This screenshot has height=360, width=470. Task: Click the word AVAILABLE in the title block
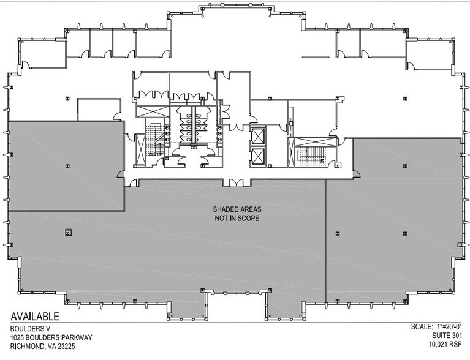(35, 317)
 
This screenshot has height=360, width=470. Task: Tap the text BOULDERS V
(27, 328)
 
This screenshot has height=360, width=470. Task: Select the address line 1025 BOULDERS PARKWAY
(51, 337)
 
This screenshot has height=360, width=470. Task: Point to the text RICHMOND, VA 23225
(43, 347)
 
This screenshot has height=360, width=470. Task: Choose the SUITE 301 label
(447, 335)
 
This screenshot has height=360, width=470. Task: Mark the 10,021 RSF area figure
(445, 345)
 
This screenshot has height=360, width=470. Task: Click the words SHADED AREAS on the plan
(237, 209)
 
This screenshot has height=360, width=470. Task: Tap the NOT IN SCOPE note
(237, 219)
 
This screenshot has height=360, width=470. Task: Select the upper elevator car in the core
(258, 136)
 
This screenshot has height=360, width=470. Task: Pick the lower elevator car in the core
(258, 156)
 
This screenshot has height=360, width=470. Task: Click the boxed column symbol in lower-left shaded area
(69, 232)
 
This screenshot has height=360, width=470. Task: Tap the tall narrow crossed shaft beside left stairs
(140, 150)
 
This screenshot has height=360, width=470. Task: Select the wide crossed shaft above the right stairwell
(315, 142)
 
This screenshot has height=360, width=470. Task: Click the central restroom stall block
(194, 124)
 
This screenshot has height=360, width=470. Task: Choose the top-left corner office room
(42, 54)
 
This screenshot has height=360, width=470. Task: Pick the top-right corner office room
(429, 54)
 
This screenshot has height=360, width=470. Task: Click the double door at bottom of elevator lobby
(236, 182)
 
